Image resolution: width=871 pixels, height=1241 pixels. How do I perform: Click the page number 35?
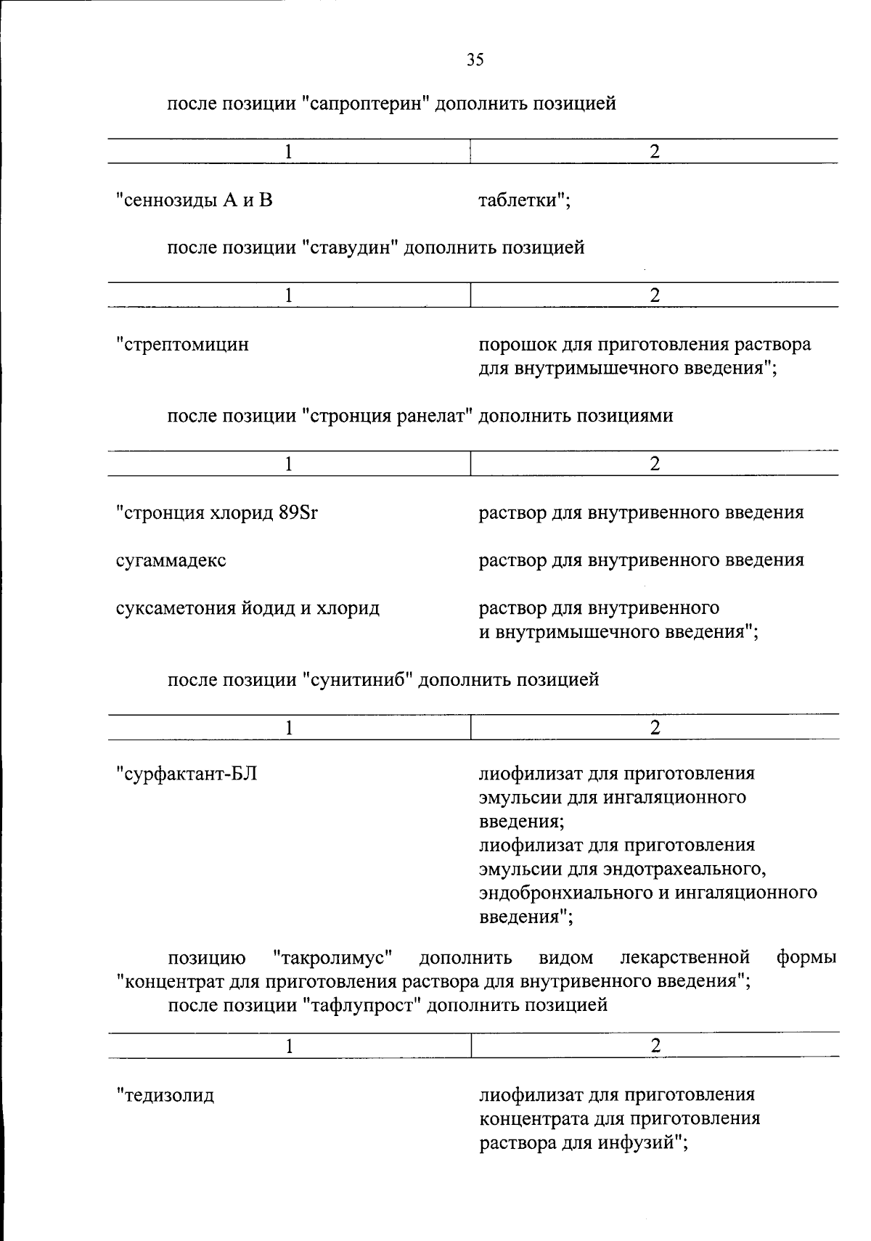point(475,60)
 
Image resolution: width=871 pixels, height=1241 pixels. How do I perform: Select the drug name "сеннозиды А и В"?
point(195,200)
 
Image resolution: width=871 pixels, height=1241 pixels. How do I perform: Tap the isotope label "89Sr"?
point(298,513)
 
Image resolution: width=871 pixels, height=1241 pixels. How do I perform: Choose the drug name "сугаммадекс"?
point(171,560)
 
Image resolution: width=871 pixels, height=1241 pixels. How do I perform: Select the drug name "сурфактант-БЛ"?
point(187,774)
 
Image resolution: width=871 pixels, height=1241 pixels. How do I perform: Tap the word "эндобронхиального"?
point(567,893)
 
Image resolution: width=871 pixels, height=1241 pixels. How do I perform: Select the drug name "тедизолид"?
point(166,1095)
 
